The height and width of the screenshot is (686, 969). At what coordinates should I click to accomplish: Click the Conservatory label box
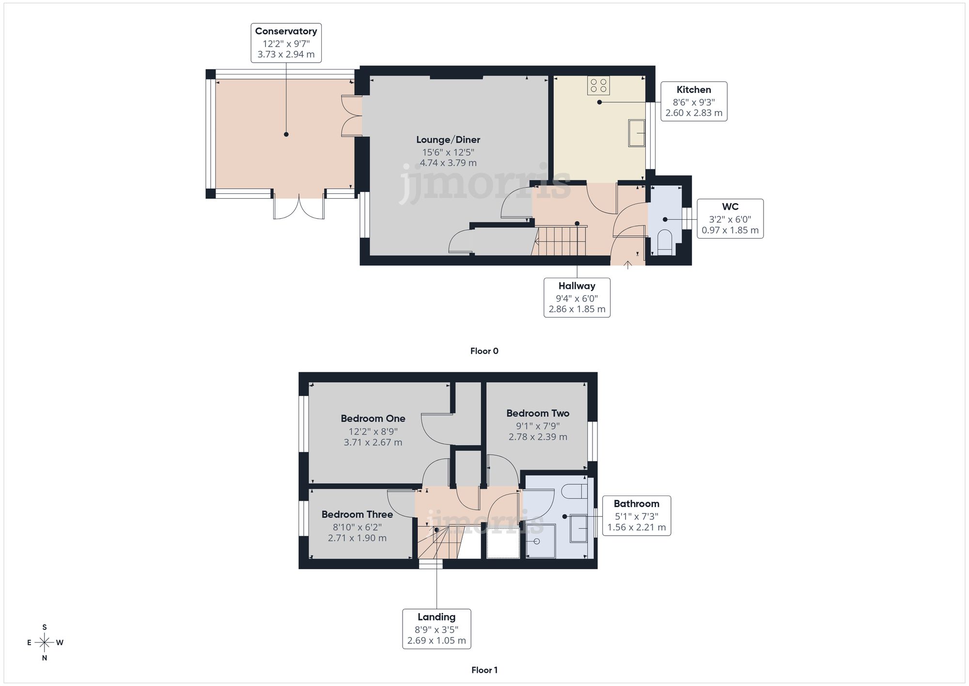coord(286,43)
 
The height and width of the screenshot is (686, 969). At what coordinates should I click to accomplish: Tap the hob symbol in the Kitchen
coord(598,86)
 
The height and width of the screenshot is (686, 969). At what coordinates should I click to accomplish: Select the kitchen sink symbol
coord(637,132)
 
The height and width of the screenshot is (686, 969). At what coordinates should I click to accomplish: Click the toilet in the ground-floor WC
coord(665,242)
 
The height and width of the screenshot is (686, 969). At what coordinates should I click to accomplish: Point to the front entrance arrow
coord(627,265)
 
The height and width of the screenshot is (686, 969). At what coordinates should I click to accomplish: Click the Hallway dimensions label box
coord(577,298)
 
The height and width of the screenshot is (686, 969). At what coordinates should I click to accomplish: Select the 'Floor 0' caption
coord(484,351)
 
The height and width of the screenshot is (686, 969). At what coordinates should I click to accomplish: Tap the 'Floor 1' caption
coord(484,670)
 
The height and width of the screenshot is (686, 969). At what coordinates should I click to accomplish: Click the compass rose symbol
coord(45,643)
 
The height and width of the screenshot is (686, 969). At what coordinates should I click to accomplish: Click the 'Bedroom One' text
coord(373,418)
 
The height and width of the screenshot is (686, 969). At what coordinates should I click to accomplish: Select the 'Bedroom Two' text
coord(537,413)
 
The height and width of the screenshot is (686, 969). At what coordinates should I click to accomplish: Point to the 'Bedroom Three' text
coord(357,514)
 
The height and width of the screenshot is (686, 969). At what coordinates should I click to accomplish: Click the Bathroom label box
coord(636,515)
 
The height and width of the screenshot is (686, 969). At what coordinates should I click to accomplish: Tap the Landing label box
coord(437,629)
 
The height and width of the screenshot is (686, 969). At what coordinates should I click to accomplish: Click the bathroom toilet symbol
coord(575,491)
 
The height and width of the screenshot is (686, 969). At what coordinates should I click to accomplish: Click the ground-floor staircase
coord(560,241)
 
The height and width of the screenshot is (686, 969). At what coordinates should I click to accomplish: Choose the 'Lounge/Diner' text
coord(448,140)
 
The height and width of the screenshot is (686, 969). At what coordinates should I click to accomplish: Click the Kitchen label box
coord(694,101)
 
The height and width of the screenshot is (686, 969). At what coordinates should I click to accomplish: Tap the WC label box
coord(730,219)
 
